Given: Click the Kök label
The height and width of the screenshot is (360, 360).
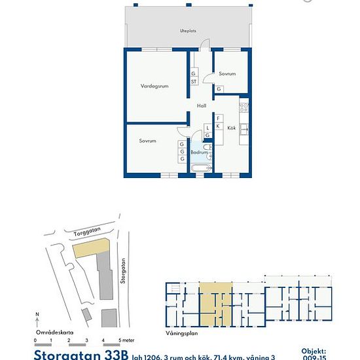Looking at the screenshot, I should click(x=231, y=128).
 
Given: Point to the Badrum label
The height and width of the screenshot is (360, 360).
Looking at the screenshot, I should click(x=199, y=153).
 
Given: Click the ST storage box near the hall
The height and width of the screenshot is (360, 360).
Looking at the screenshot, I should click(x=194, y=82).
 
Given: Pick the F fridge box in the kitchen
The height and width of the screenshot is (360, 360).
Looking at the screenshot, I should click(x=219, y=118).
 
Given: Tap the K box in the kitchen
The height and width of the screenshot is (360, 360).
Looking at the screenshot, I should click(x=219, y=126).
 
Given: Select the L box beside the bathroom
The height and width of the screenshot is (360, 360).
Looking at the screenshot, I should click(x=207, y=128).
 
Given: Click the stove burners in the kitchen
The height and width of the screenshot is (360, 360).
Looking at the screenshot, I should click(x=244, y=106).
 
